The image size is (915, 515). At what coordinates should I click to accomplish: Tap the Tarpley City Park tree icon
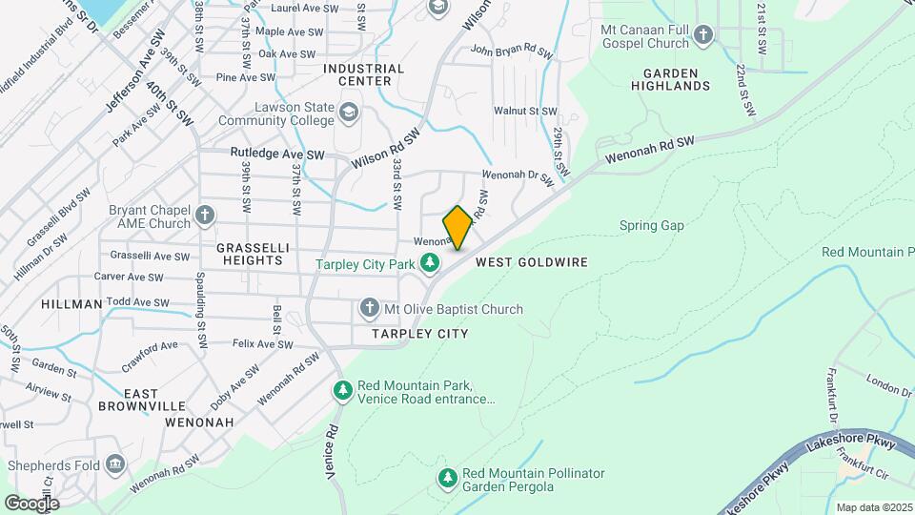431,262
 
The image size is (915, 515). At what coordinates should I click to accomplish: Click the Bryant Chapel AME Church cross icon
204,216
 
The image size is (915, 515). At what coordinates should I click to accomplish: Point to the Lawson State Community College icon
350,115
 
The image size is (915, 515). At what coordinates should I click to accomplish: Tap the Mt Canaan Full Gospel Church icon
703,36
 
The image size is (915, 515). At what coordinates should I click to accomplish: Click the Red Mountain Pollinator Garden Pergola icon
449,479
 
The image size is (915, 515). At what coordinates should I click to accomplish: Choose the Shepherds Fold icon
116,465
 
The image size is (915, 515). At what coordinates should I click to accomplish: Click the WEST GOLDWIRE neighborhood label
531,261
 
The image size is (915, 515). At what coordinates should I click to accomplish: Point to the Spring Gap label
652,226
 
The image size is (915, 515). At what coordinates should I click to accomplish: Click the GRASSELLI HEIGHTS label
251,253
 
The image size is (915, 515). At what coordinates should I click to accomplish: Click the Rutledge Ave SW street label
277,154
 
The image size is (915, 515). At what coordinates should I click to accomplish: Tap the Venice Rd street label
333,454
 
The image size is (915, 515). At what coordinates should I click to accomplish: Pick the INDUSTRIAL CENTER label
364,74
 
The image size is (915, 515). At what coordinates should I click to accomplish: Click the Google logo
31,503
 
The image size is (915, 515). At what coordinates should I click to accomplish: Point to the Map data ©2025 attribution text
874,507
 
